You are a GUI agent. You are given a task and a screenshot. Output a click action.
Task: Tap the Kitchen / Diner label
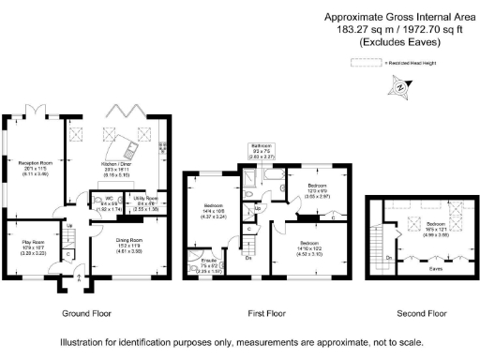pyautogui.click(x=116, y=167)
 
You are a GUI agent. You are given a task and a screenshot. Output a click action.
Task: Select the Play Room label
pyautogui.click(x=32, y=247)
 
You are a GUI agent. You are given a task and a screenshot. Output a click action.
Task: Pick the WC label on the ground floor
pyautogui.click(x=110, y=203)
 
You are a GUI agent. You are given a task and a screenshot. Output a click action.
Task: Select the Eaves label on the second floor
pyautogui.click(x=435, y=269)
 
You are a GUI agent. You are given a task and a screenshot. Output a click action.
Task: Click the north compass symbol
pyautogui.click(x=400, y=87)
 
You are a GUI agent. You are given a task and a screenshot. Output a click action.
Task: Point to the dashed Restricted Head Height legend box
pyautogui.click(x=363, y=63)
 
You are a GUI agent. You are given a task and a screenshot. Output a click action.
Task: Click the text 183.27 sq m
pyautogui.click(x=364, y=29)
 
